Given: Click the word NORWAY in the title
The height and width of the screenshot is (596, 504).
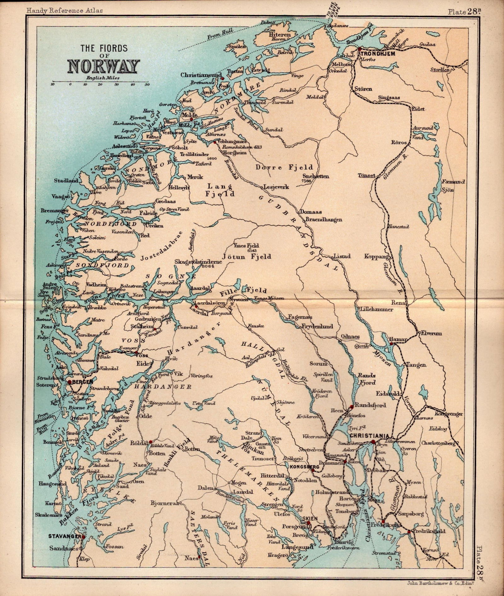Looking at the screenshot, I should click(104, 66).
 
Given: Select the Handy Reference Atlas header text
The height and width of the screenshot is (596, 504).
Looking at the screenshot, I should click(65, 10).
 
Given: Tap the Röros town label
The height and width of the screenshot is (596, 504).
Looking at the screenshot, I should click(399, 142).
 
